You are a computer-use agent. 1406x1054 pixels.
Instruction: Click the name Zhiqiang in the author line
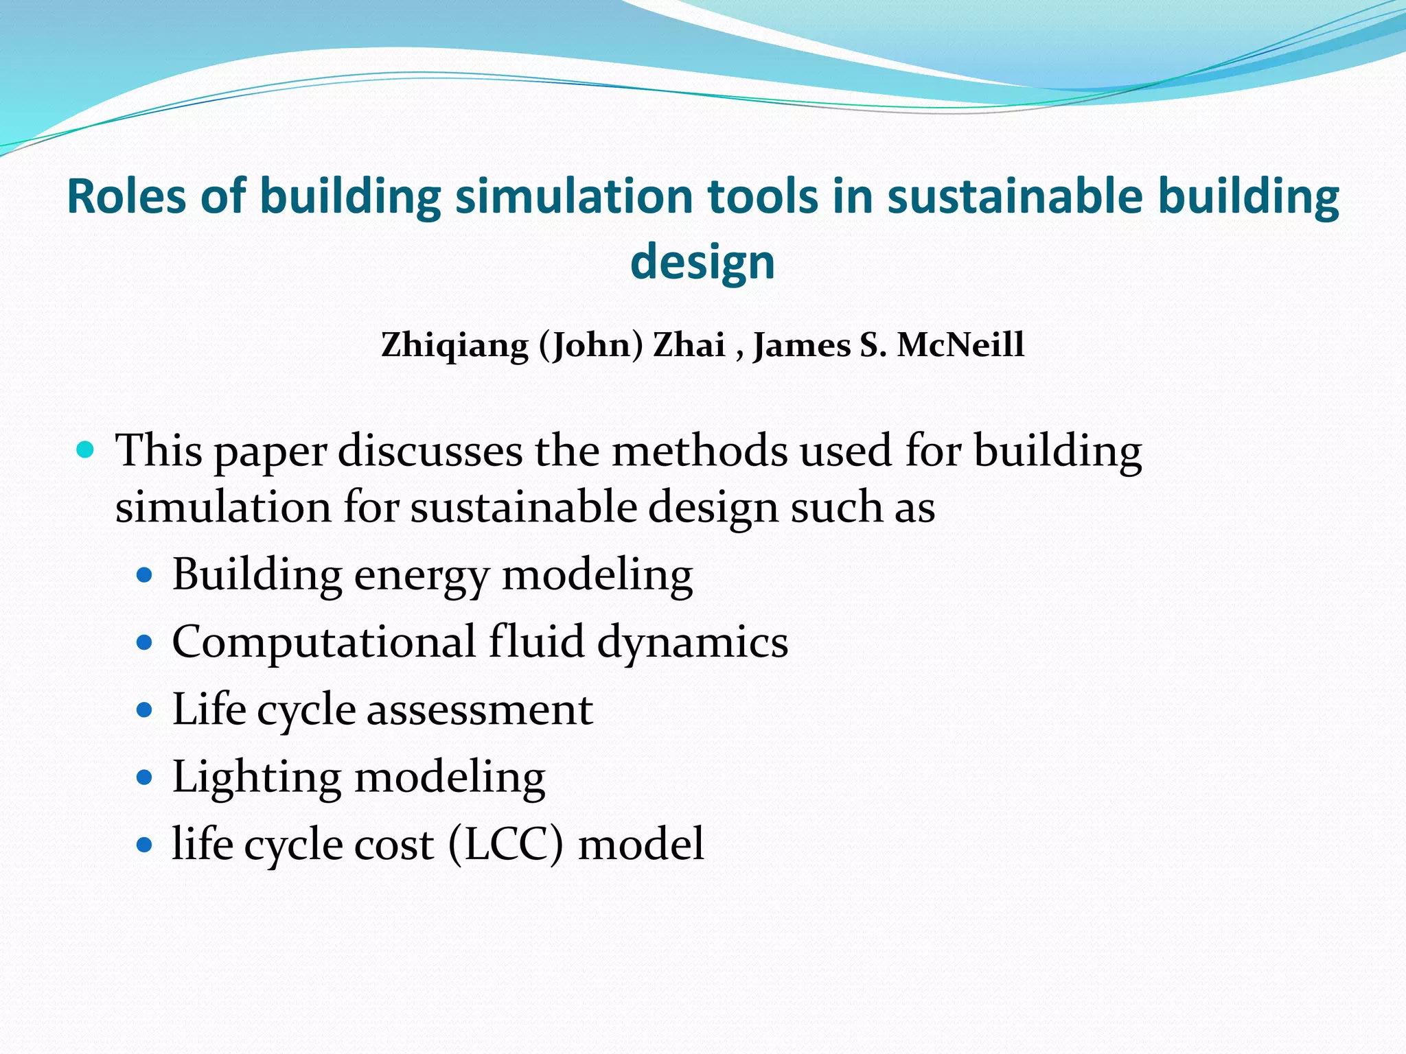[x=454, y=344]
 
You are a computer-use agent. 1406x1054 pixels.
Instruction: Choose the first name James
[x=802, y=344]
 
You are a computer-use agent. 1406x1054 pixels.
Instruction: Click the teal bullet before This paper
[x=85, y=450]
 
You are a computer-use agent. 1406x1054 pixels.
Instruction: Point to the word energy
[x=422, y=576]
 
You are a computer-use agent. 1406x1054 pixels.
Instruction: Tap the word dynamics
[x=693, y=643]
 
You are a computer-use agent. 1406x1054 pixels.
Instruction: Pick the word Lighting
[x=256, y=778]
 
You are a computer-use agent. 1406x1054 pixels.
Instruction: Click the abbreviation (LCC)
[x=505, y=844]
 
